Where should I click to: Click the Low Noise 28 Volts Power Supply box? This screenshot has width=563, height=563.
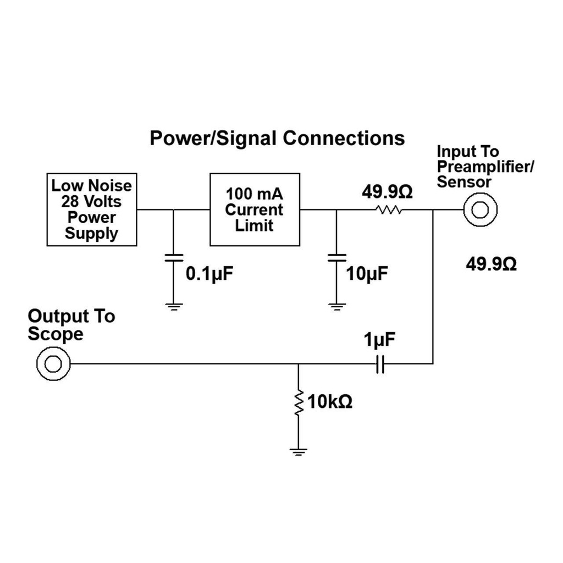tap(92, 209)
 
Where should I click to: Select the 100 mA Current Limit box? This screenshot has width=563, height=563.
tap(255, 209)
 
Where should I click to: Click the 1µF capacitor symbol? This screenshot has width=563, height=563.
tap(379, 363)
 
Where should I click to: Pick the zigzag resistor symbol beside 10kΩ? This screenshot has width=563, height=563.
tap(298, 403)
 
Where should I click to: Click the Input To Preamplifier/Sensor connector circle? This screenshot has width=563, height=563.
tap(480, 209)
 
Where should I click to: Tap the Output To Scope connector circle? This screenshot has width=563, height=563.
tap(53, 363)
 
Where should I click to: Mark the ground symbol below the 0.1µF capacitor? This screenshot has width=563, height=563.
tap(174, 306)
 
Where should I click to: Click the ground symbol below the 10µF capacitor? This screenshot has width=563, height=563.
tap(336, 306)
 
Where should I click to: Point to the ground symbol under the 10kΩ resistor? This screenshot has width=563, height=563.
tap(298, 452)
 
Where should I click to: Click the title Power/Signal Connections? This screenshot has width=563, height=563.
tap(277, 137)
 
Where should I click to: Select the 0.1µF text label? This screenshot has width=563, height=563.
tap(206, 273)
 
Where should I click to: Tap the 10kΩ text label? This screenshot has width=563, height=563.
tap(330, 402)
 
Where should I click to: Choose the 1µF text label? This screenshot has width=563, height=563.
tap(379, 340)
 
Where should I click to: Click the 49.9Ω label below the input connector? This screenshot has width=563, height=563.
tap(491, 264)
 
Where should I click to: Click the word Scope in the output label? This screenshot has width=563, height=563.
tap(56, 334)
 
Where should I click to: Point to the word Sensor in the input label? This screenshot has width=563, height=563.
tap(464, 182)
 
